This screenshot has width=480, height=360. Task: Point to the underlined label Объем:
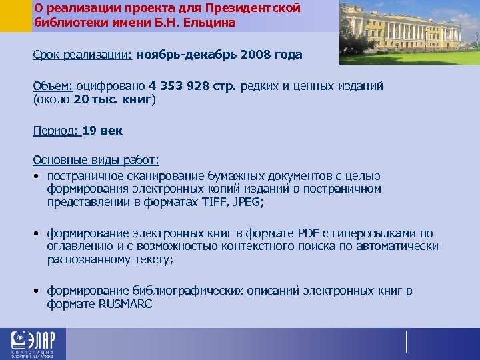pyautogui.click(x=53, y=87)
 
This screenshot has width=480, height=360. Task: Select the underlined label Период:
pyautogui.click(x=55, y=131)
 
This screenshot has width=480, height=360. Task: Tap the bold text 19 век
pyautogui.click(x=103, y=131)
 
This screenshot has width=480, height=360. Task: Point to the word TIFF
pyautogui.click(x=213, y=202)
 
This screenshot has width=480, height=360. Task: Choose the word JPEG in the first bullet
pyautogui.click(x=247, y=202)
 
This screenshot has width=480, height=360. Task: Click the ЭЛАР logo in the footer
pyautogui.click(x=33, y=344)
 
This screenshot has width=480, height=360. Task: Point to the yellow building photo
pyautogui.click(x=409, y=32)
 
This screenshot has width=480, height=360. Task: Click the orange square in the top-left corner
pyautogui.click(x=15, y=15)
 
